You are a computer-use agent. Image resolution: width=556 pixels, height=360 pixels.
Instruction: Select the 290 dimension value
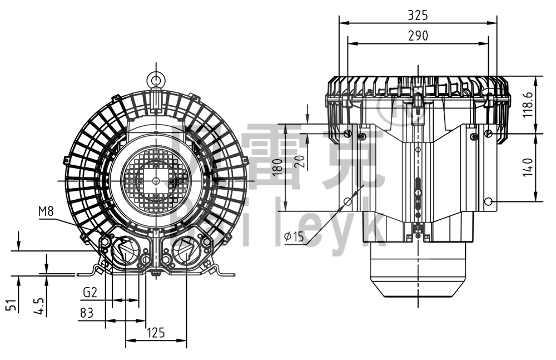(418, 36)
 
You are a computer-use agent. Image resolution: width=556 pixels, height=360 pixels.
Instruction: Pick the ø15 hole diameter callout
(294, 236)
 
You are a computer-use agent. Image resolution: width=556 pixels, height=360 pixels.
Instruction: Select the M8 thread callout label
(46, 211)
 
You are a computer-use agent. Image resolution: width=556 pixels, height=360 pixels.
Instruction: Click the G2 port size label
(91, 292)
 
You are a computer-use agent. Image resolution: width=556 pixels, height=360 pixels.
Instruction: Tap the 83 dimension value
(86, 313)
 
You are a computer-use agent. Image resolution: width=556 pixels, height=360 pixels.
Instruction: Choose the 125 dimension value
(155, 333)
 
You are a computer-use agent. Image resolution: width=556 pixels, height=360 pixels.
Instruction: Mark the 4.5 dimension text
(38, 304)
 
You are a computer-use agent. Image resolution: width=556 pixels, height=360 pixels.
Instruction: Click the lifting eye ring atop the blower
(156, 78)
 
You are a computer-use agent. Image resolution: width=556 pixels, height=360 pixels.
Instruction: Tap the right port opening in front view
(186, 250)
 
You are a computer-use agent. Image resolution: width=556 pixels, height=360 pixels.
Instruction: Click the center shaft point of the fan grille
(155, 181)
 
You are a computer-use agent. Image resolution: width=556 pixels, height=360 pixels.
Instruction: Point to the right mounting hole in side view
(488, 201)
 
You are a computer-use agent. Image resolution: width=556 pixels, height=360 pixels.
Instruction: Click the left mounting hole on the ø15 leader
(348, 201)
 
